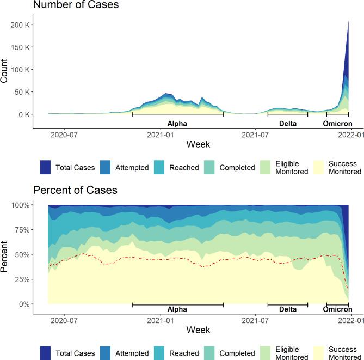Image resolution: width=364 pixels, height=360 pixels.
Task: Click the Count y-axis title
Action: (5, 71)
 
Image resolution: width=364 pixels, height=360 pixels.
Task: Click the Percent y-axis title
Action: (5, 254)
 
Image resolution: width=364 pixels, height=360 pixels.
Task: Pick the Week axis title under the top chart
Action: (198, 144)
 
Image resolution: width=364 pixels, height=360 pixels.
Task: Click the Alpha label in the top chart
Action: (177, 123)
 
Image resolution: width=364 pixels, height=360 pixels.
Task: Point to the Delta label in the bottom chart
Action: (288, 309)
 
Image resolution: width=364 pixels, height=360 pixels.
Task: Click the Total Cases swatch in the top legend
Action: (46, 167)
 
